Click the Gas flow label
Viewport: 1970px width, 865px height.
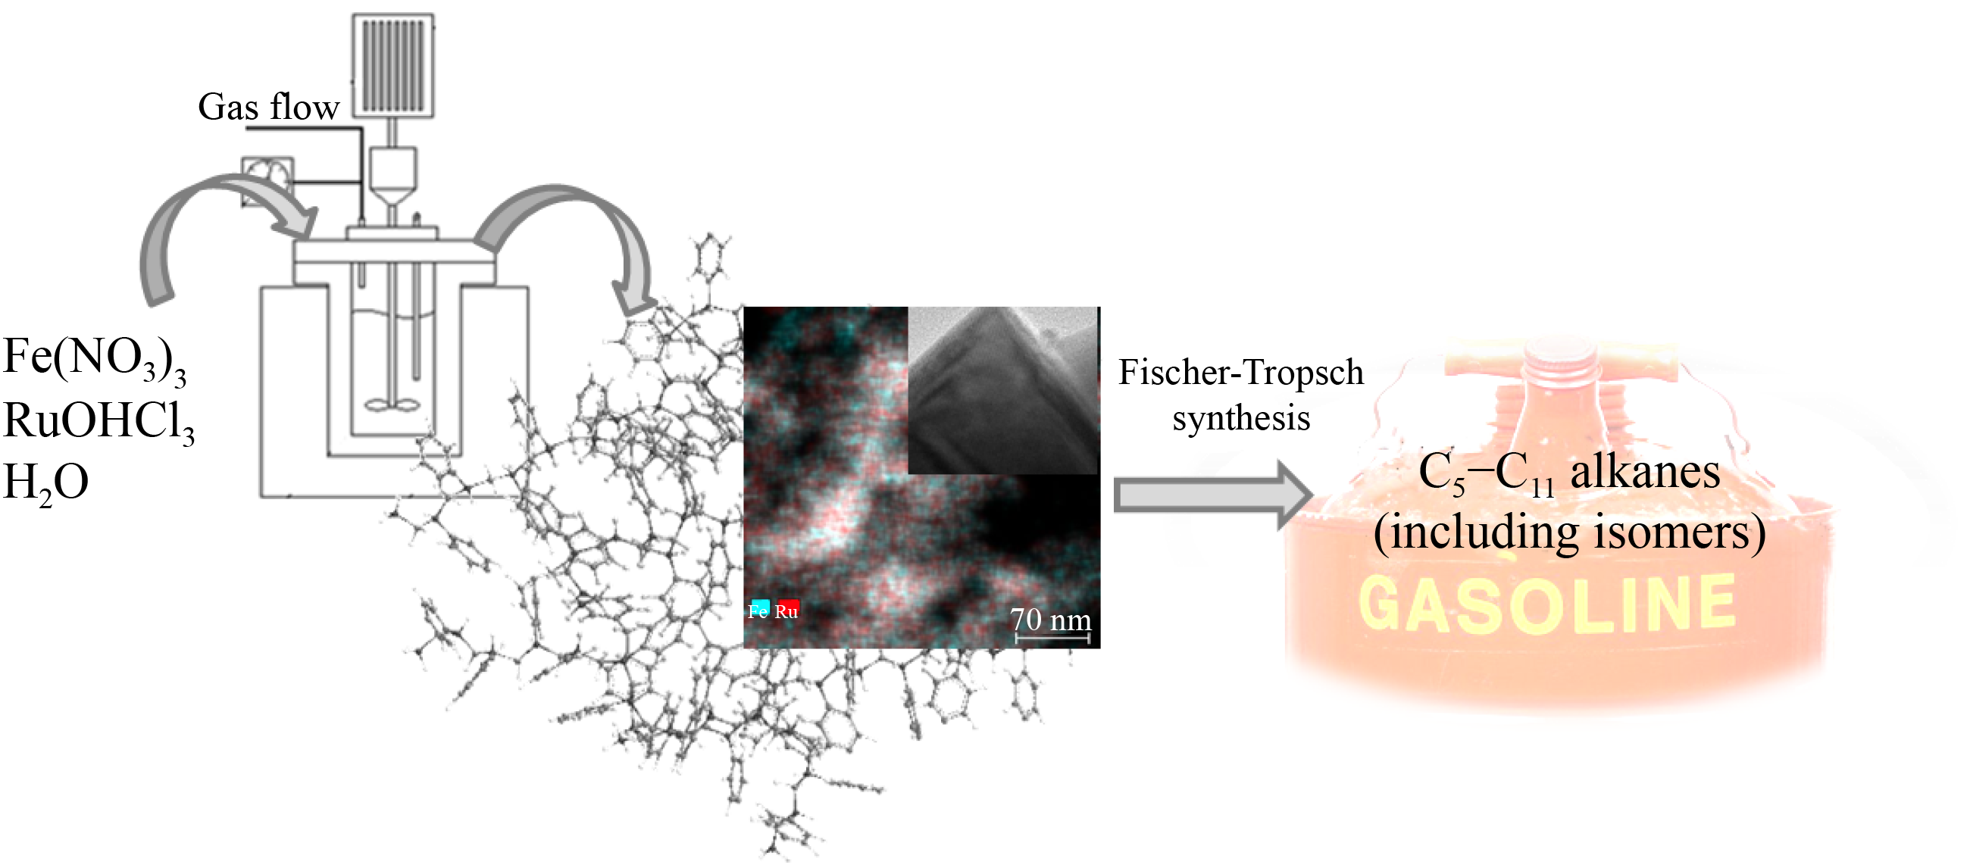click(x=268, y=107)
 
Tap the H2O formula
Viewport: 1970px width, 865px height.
click(x=46, y=483)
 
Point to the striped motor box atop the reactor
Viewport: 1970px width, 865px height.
click(x=393, y=66)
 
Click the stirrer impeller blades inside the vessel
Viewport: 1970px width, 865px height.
click(x=392, y=404)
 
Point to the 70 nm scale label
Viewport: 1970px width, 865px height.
click(x=1051, y=620)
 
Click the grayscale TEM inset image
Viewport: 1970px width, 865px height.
click(x=1002, y=390)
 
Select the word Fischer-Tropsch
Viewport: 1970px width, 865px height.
click(x=1240, y=373)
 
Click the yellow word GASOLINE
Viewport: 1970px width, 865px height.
click(x=1547, y=604)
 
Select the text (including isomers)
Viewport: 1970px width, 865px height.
click(x=1569, y=533)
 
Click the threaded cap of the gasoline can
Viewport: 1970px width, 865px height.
click(x=1560, y=360)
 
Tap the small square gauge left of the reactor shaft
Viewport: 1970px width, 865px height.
click(x=267, y=181)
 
